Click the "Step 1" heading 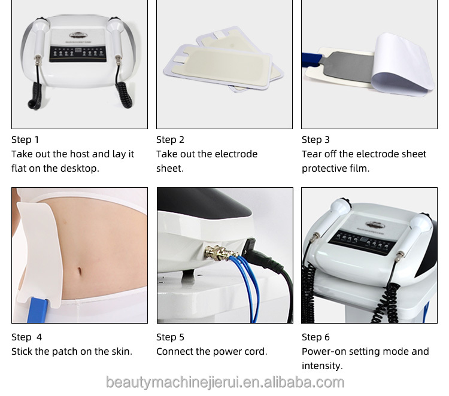pos(25,140)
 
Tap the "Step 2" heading pos(170,140)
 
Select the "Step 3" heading pos(315,140)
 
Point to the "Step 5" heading pos(170,337)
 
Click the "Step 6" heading pos(315,337)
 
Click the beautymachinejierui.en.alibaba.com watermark pos(224,382)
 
